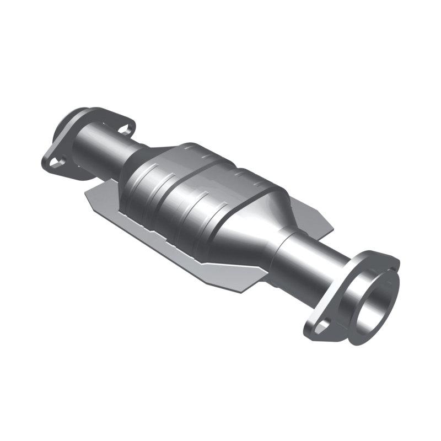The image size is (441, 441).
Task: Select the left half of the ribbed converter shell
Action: click(x=160, y=187)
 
